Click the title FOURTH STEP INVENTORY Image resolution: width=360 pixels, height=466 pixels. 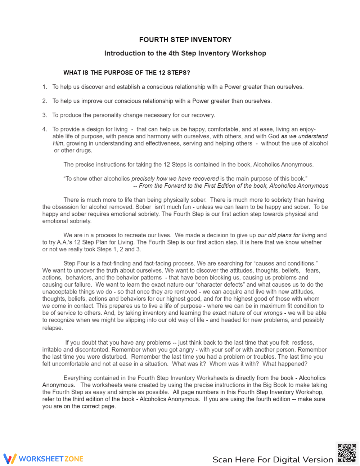tap(185, 40)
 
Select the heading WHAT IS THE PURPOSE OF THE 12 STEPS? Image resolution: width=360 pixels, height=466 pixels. tap(127, 73)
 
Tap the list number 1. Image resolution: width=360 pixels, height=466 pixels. tap(45, 87)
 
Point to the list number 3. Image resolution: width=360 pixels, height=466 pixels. tap(45, 115)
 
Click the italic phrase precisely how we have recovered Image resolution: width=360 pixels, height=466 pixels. tap(175, 179)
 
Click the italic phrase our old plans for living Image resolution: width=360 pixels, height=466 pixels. tap(286, 235)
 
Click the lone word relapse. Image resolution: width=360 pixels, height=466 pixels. tap(53, 328)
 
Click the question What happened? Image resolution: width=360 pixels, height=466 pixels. tap(285, 364)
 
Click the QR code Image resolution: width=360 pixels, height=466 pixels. tap(347, 453)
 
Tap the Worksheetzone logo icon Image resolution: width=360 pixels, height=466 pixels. tap(10, 458)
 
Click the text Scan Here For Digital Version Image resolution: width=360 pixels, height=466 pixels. tap(273, 460)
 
